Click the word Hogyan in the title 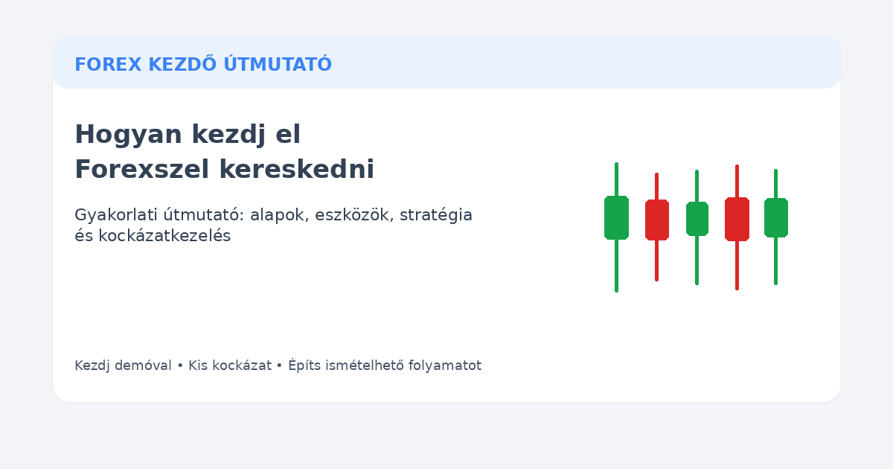click(128, 135)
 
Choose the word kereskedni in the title click(296, 170)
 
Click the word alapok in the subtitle click(276, 215)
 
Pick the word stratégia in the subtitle click(438, 215)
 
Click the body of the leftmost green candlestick click(616, 217)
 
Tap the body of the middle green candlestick click(697, 219)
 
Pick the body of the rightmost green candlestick click(775, 217)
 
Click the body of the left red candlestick click(656, 220)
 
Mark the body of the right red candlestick click(737, 219)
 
